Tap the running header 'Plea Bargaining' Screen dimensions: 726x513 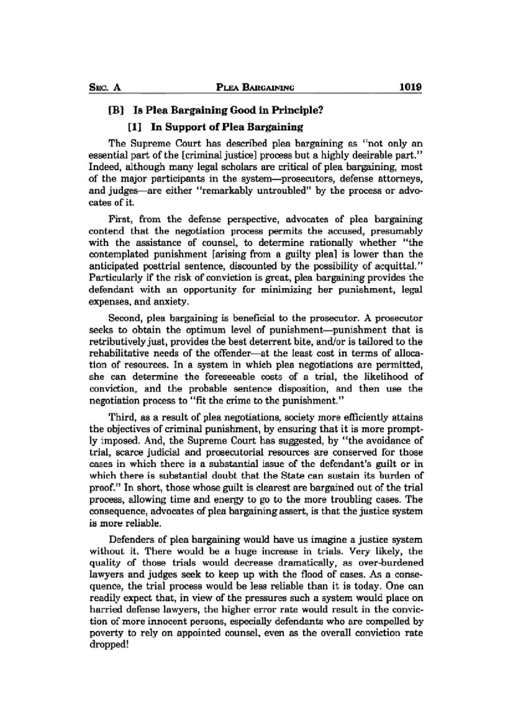click(x=255, y=88)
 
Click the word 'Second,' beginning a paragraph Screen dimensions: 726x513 click(x=126, y=319)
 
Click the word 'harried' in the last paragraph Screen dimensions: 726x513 click(x=103, y=609)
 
